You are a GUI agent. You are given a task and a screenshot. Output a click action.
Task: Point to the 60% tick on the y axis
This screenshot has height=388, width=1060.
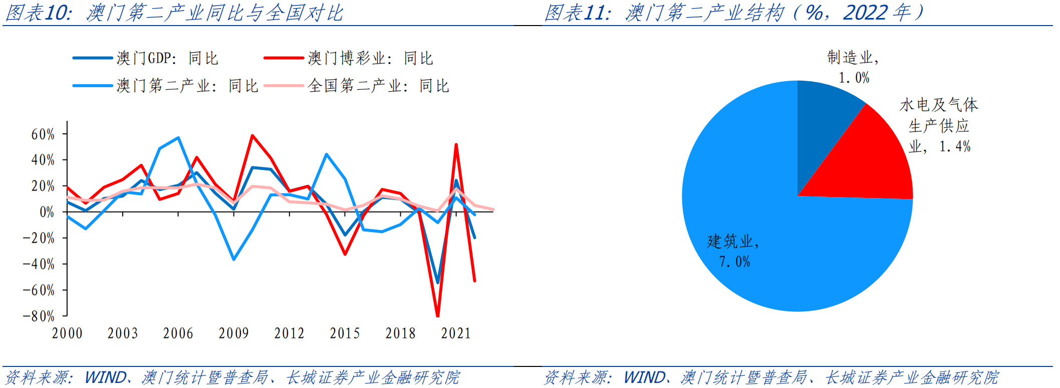[x=43, y=134]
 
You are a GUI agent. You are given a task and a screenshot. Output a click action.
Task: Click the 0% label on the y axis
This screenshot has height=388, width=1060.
[x=47, y=212]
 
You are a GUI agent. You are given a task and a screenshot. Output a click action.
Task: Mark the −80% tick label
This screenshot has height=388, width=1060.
[x=39, y=316]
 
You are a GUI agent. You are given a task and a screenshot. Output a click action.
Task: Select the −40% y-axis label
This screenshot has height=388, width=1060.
[x=39, y=264]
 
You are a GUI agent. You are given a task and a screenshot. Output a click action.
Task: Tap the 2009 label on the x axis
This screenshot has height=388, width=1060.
[x=233, y=333]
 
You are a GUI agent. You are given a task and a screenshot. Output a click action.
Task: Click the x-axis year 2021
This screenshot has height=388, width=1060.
[x=456, y=333]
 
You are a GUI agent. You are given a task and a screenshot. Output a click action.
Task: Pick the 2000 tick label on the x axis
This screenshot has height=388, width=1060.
[x=67, y=333]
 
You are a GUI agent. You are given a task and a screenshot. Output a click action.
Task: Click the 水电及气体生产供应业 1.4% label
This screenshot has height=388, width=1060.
[x=939, y=125]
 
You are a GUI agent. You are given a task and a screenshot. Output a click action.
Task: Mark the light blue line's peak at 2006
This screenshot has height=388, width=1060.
[x=178, y=137]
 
